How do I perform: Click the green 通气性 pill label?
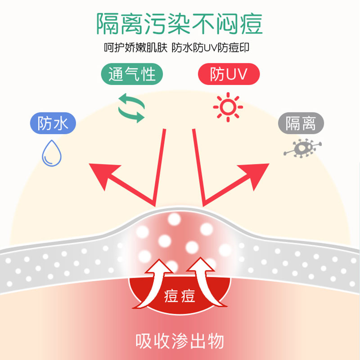(132, 74)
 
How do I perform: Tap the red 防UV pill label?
(229, 74)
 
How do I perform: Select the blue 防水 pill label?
(53, 123)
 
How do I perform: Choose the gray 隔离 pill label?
(301, 123)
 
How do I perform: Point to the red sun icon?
(228, 107)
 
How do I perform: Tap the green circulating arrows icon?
(131, 108)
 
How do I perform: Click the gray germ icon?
(302, 148)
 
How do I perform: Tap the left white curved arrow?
(153, 285)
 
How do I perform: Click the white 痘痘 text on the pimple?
(180, 296)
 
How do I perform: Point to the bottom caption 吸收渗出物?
(180, 341)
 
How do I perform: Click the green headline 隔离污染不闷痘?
(180, 24)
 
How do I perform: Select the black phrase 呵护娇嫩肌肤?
(136, 48)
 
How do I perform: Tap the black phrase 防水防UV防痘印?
(211, 48)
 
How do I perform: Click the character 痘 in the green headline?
(252, 24)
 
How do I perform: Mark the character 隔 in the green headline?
(108, 24)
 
